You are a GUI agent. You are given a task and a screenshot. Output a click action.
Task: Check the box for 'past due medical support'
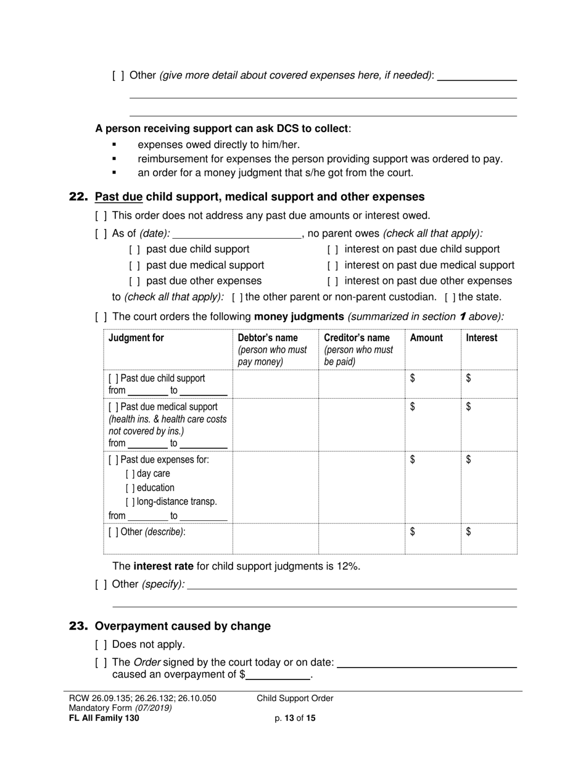coord(134,265)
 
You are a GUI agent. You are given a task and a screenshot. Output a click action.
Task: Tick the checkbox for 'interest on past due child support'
coord(332,249)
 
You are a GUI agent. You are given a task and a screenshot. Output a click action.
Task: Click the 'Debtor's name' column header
coord(268,338)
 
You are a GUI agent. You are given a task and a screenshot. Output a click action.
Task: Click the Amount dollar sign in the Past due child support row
coord(413,378)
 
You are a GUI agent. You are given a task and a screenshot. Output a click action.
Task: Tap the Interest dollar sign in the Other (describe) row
coord(469,532)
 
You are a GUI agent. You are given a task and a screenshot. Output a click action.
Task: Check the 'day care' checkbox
coord(130,474)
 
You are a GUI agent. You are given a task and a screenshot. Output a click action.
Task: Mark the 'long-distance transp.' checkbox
coord(130,502)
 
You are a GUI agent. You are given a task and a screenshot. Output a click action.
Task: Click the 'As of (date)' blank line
coord(236,234)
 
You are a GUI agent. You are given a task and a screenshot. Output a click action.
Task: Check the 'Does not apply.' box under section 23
coord(101,645)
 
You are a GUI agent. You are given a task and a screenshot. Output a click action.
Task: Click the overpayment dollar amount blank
coord(278,675)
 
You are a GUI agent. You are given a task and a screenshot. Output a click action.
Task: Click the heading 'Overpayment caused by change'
coord(183,626)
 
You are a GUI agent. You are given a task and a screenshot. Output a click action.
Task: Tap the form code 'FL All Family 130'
coord(104,718)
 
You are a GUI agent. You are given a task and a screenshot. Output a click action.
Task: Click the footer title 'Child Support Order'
coord(295,699)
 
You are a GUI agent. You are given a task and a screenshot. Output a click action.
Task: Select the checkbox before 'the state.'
coord(450,297)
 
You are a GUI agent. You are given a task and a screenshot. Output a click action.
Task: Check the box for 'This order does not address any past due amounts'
coord(101,216)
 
